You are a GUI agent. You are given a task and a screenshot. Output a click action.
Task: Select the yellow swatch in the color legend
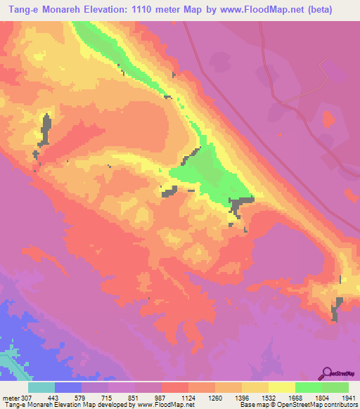(x=282, y=387)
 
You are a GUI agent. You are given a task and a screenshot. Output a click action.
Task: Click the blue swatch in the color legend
(x=68, y=387)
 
